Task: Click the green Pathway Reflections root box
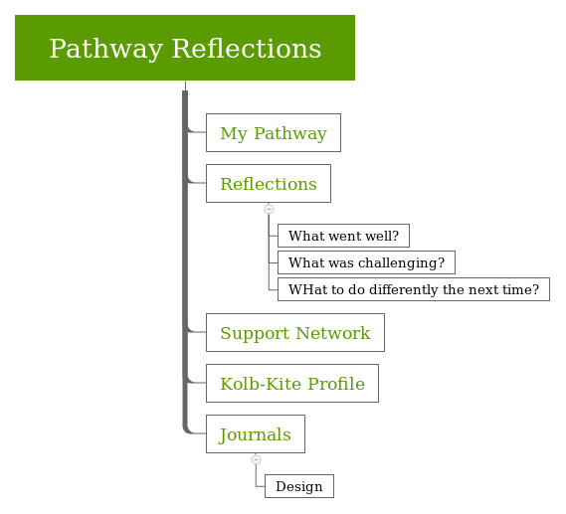pyautogui.click(x=185, y=48)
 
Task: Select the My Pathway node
pyautogui.click(x=273, y=132)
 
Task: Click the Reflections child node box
pyautogui.click(x=268, y=184)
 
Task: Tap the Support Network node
pyautogui.click(x=294, y=333)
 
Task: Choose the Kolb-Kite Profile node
pyautogui.click(x=291, y=384)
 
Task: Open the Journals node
pyautogui.click(x=255, y=434)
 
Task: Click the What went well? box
pyautogui.click(x=343, y=236)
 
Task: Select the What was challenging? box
pyautogui.click(x=366, y=262)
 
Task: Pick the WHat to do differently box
pyautogui.click(x=413, y=289)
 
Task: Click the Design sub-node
pyautogui.click(x=298, y=486)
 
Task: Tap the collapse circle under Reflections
pyautogui.click(x=269, y=209)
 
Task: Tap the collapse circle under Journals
pyautogui.click(x=256, y=459)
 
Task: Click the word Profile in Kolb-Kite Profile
pyautogui.click(x=333, y=384)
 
